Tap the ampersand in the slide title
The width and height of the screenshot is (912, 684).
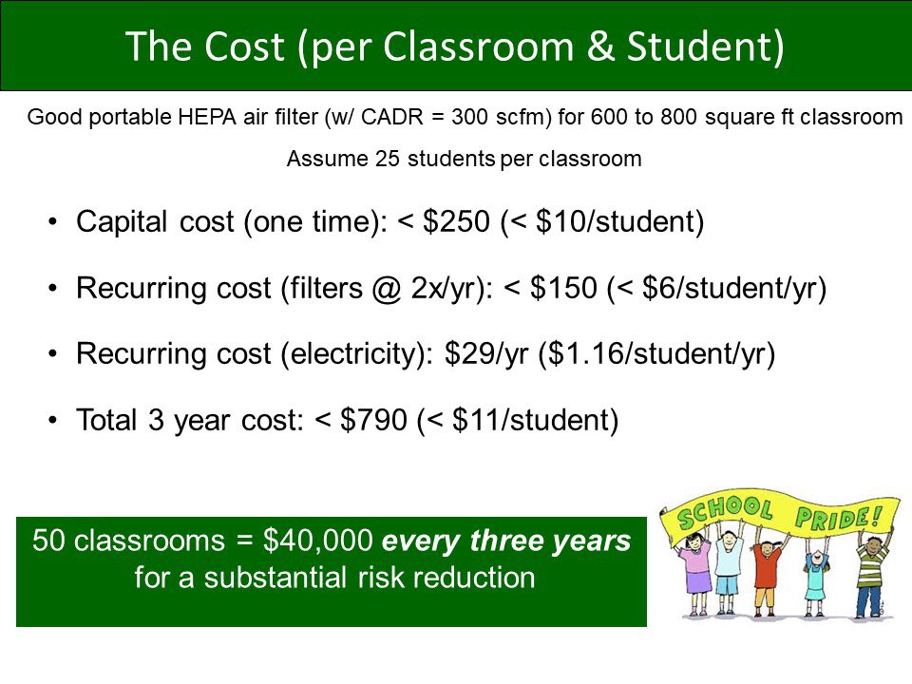click(x=600, y=47)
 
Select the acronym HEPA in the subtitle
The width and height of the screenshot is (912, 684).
click(x=207, y=117)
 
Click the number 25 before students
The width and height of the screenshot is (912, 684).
click(x=388, y=159)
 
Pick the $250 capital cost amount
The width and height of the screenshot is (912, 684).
click(x=456, y=221)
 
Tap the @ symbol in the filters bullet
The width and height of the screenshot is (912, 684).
click(x=387, y=289)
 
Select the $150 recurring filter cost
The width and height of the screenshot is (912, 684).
click(x=563, y=288)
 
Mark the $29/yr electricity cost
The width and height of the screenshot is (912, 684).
click(x=486, y=354)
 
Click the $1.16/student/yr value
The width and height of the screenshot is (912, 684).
click(x=656, y=354)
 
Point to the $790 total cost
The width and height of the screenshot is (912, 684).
click(x=373, y=420)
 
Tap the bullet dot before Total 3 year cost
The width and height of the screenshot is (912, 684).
click(x=53, y=420)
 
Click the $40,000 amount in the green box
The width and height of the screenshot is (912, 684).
click(x=317, y=541)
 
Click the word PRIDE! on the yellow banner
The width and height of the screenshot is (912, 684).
click(x=838, y=517)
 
